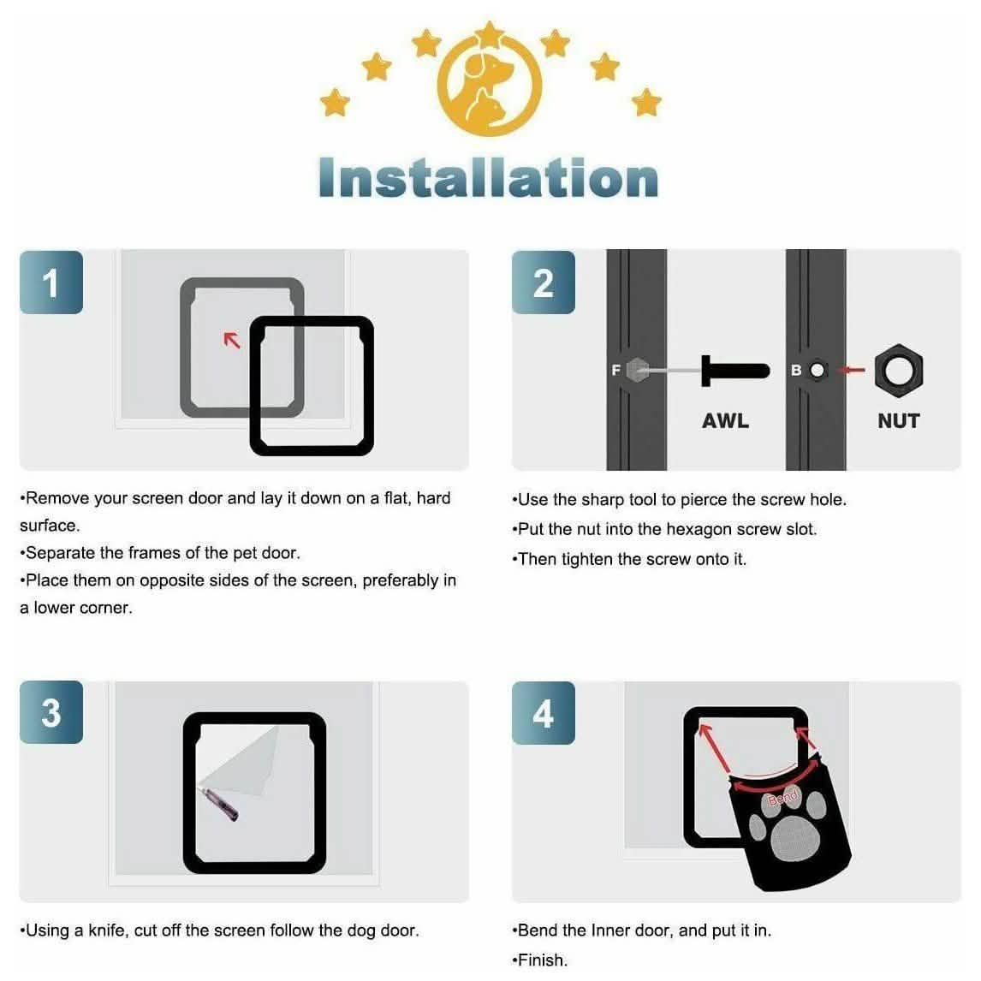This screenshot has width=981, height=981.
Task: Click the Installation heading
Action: tap(488, 178)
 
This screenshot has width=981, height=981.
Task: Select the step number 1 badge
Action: tap(51, 282)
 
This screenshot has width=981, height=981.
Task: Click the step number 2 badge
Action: tap(543, 282)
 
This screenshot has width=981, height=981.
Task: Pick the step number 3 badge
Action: tap(51, 712)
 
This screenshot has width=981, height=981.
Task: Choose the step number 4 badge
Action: tap(543, 712)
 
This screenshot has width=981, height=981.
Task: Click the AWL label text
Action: tap(725, 420)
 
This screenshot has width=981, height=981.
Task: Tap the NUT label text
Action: tap(898, 420)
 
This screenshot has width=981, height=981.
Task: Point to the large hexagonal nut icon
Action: tap(898, 371)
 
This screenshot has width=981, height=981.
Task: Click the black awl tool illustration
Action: tap(734, 371)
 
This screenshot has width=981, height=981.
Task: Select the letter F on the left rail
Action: tap(615, 370)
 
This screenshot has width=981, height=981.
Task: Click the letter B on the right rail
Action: tap(796, 370)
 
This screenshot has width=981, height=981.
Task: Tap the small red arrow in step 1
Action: tap(232, 341)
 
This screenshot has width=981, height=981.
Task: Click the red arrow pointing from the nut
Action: tap(853, 371)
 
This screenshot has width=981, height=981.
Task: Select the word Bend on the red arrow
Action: tap(782, 798)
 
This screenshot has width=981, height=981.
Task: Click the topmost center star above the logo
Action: tap(490, 33)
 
